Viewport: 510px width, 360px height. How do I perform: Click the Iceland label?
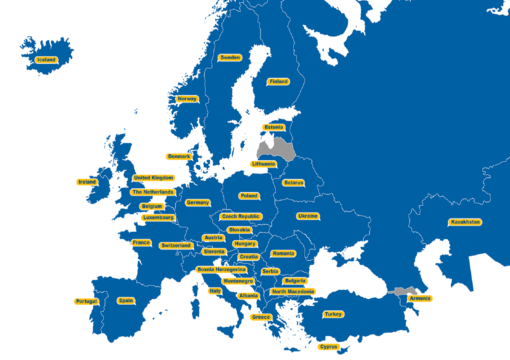click(46, 60)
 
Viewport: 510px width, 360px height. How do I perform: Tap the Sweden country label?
click(230, 58)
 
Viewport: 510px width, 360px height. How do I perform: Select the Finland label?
click(278, 82)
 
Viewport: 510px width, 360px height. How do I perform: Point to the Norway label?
click(187, 99)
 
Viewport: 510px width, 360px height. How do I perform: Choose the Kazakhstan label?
click(465, 222)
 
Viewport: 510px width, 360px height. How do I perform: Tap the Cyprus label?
click(329, 347)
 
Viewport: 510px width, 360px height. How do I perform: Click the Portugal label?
click(86, 301)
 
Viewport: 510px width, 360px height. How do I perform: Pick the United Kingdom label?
click(153, 178)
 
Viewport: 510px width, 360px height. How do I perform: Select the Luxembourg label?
click(158, 218)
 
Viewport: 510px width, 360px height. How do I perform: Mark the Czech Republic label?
click(241, 216)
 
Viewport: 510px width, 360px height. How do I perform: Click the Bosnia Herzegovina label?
click(221, 269)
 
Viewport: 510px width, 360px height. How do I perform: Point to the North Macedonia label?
click(293, 292)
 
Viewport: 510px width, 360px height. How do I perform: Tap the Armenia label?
click(420, 298)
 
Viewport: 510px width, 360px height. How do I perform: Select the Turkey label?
click(333, 315)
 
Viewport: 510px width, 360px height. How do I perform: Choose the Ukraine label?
click(308, 216)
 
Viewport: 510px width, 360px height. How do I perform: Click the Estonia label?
click(273, 127)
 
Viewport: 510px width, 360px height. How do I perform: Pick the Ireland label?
click(87, 182)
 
